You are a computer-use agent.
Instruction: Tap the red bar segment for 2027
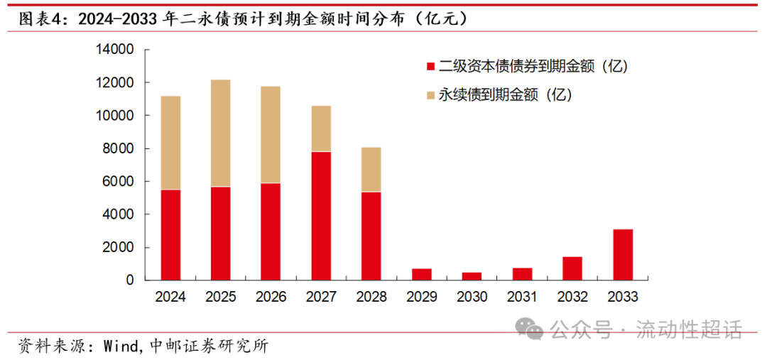(320, 216)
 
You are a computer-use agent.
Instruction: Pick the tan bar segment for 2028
(371, 169)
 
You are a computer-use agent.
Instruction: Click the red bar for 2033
(622, 254)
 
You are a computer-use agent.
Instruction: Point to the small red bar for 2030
(472, 276)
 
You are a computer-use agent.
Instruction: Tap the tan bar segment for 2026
(270, 135)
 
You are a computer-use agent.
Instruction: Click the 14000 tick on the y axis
(114, 50)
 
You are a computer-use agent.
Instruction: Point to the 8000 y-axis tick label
(117, 148)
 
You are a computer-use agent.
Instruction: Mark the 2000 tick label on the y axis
(117, 247)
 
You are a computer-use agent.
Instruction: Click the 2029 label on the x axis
(421, 297)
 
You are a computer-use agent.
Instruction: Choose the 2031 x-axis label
(522, 297)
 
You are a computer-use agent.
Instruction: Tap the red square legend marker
(429, 67)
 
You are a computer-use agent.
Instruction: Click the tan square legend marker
(429, 94)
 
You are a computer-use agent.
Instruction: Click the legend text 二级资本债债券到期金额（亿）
(533, 67)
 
